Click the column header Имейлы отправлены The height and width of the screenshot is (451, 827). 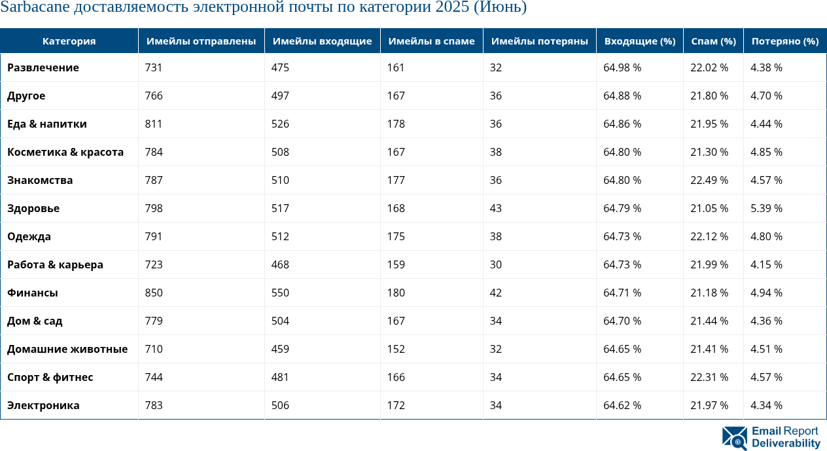[x=201, y=41]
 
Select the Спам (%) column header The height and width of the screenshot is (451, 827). [x=713, y=41]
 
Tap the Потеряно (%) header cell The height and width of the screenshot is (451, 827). [x=784, y=41]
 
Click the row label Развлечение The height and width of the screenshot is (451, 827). [x=43, y=67]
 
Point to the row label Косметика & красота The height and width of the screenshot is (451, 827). [x=65, y=152]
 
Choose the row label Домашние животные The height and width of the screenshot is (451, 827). [x=67, y=349]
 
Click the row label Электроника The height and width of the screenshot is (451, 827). [x=43, y=405]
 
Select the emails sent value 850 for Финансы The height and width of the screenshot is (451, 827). [x=154, y=293]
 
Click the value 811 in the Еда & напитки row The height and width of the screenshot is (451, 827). [x=154, y=124]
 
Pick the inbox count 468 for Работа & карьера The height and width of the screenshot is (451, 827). [x=280, y=264]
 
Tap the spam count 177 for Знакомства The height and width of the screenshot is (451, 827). [x=396, y=180]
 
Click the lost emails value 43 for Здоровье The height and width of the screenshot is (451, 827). [x=496, y=208]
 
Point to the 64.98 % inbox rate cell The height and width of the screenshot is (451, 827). [x=622, y=67]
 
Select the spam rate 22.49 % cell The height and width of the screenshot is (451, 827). [x=709, y=180]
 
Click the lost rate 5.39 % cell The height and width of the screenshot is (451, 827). [x=766, y=208]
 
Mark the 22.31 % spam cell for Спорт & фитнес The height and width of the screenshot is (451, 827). [x=709, y=377]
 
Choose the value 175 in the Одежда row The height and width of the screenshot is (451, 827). [x=396, y=236]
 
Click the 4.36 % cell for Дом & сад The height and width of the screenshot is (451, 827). [x=766, y=321]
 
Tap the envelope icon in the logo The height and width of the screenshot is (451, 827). [x=735, y=438]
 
